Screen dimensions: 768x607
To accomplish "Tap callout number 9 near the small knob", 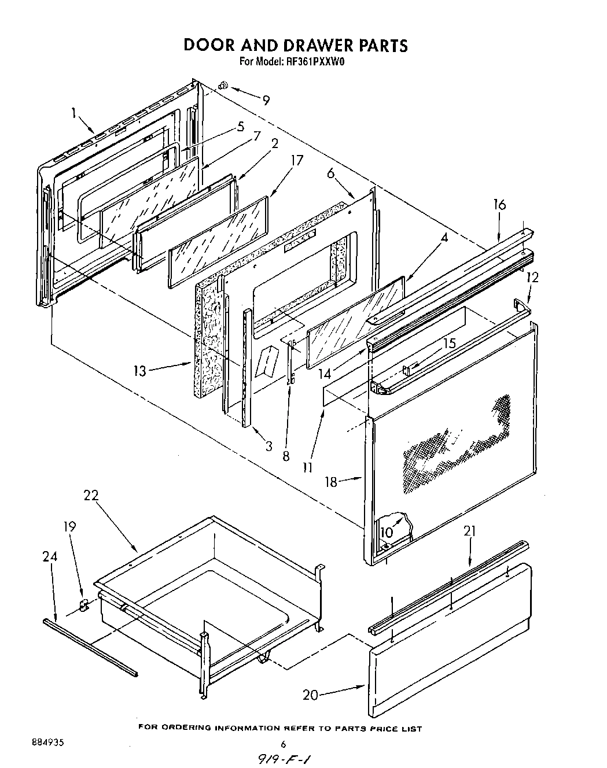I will pyautogui.click(x=266, y=100).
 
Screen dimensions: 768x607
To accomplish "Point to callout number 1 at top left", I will pyautogui.click(x=74, y=113).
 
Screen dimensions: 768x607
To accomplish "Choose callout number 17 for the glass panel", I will pyautogui.click(x=296, y=160).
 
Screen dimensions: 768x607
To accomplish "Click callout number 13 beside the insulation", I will pyautogui.click(x=141, y=370).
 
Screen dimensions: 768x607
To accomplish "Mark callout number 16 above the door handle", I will pyautogui.click(x=499, y=205).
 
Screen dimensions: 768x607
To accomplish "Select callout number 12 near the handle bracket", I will pyautogui.click(x=532, y=278).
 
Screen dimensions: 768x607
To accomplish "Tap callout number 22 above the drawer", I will pyautogui.click(x=91, y=496).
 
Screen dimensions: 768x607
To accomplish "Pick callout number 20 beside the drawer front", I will pyautogui.click(x=311, y=695).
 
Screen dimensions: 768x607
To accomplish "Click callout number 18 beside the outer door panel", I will pyautogui.click(x=330, y=482).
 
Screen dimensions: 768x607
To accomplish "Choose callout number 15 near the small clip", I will pyautogui.click(x=449, y=343).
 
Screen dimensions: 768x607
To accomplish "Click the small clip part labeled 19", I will pyautogui.click(x=83, y=605).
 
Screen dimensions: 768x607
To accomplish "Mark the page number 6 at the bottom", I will pyautogui.click(x=284, y=744).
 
